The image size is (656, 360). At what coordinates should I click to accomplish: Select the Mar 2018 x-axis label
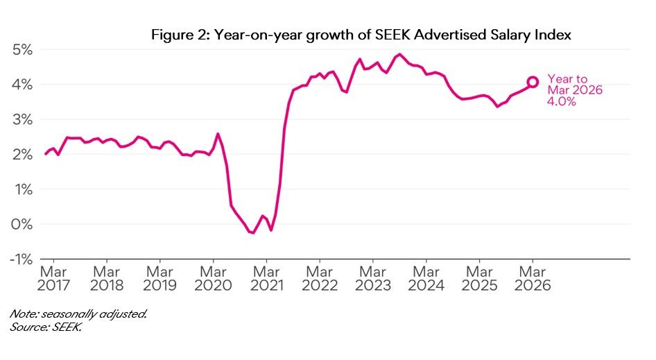(107, 277)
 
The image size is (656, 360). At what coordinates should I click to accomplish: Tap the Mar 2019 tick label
(160, 277)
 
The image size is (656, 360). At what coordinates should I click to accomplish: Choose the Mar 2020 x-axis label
(213, 277)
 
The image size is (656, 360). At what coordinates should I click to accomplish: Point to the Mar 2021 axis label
(266, 277)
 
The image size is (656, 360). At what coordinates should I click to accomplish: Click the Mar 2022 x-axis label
(320, 277)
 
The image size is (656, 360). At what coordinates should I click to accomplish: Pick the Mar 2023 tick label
(373, 277)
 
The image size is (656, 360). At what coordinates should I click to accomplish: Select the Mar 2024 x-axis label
(426, 277)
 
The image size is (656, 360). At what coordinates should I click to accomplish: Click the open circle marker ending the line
(533, 82)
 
